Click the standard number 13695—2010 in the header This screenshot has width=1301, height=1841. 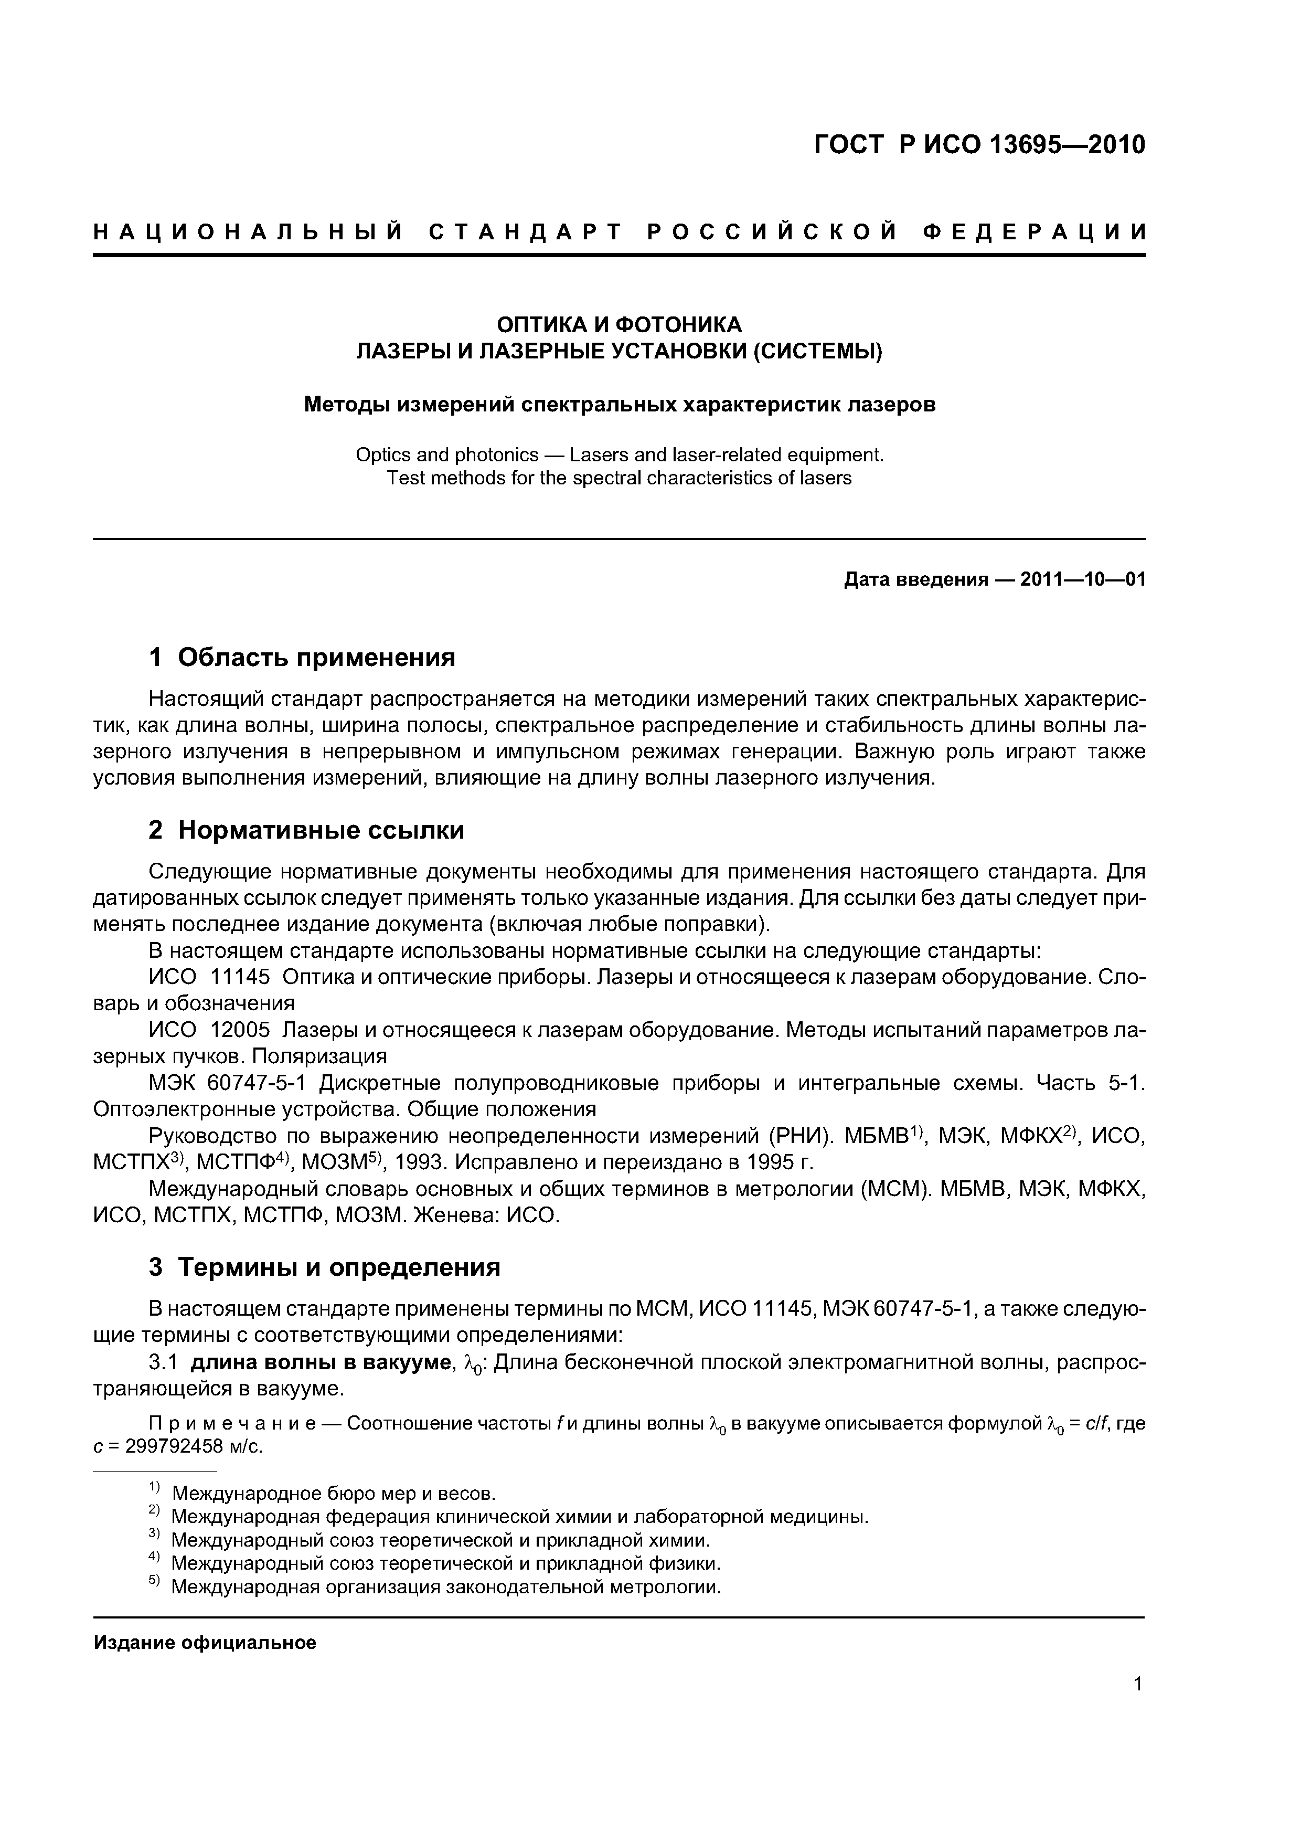[1067, 145]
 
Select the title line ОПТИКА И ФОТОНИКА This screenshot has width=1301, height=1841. [619, 325]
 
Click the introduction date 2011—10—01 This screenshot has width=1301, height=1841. [1083, 579]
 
